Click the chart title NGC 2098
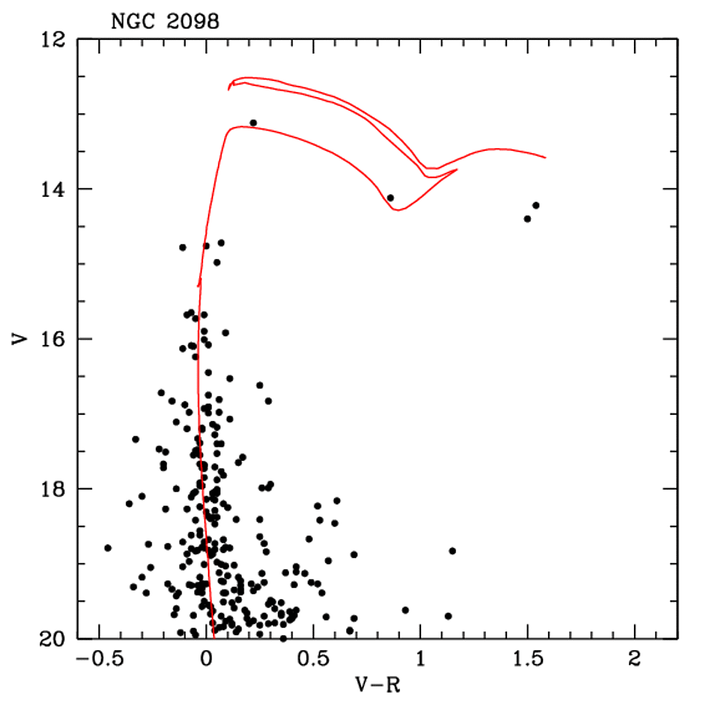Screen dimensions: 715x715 165,22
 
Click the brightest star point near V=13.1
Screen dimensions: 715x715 253,123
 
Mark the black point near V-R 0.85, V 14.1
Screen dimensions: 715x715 390,198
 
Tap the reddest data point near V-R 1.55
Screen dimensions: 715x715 536,205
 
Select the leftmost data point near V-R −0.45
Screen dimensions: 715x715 108,547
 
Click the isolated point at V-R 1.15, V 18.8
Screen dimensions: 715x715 452,551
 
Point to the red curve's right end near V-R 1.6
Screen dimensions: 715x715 545,157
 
